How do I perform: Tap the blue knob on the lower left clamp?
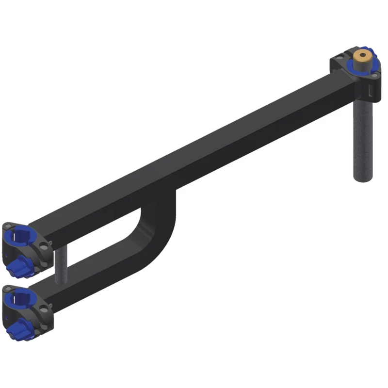click(20, 330)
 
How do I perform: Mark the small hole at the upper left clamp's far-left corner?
click(7, 226)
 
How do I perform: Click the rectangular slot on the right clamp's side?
click(371, 90)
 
